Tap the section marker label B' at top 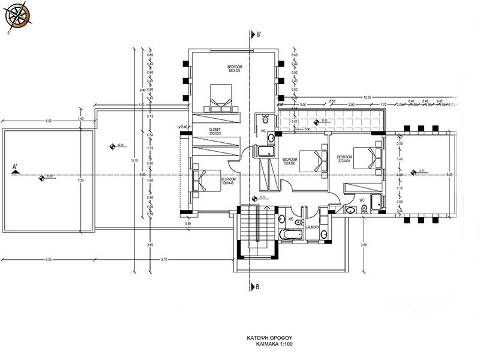point(258,34)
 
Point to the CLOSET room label point(215,131)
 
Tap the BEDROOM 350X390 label point(290,161)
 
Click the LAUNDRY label point(313,227)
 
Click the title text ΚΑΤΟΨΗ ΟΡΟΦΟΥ point(265,338)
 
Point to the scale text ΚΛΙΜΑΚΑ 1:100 point(265,346)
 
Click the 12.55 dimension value point(367,97)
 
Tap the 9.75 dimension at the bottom point(163,259)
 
